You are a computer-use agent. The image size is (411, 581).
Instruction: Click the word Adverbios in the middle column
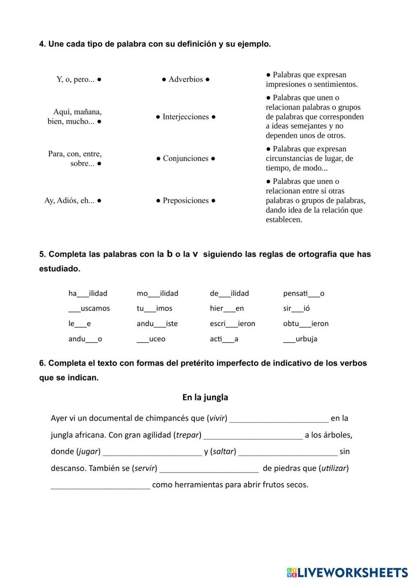click(186, 79)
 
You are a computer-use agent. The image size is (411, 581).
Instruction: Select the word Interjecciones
click(186, 117)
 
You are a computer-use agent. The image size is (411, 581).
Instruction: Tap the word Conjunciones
click(186, 158)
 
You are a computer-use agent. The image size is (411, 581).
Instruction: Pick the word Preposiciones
click(186, 201)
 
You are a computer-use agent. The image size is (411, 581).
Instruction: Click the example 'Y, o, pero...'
click(76, 79)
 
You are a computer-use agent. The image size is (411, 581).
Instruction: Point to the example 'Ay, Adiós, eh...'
click(69, 201)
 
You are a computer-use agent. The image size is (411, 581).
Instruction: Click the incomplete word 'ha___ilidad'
click(88, 293)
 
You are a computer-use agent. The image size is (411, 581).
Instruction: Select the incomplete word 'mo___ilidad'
click(157, 293)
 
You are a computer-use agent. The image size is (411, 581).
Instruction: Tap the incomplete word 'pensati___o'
click(303, 293)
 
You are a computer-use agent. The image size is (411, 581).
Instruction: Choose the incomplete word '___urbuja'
click(300, 339)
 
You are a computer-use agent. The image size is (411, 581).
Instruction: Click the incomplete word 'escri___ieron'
click(232, 324)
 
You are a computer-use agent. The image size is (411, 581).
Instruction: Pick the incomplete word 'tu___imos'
click(155, 308)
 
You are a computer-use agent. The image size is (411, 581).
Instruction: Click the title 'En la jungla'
click(205, 397)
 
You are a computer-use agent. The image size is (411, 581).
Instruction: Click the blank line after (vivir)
click(279, 419)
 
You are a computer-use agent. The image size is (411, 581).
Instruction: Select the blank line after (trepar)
click(253, 436)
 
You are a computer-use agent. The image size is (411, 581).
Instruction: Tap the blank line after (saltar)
click(288, 453)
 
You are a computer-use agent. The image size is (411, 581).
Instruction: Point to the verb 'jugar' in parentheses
click(88, 451)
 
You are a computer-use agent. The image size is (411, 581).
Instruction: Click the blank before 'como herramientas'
click(100, 486)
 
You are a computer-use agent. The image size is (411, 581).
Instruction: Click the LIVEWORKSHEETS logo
click(347, 572)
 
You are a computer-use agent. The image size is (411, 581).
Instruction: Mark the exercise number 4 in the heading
click(42, 44)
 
